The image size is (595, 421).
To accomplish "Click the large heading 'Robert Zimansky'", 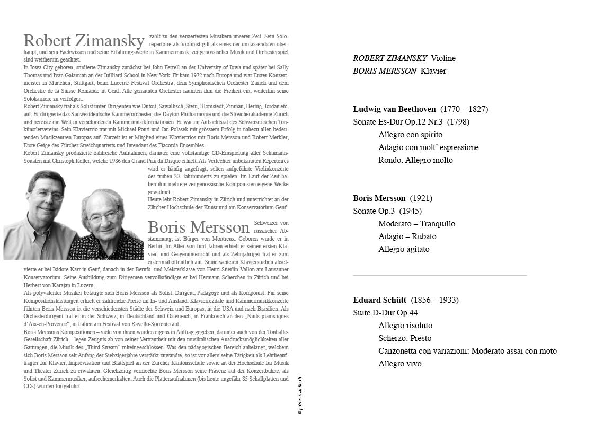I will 84,41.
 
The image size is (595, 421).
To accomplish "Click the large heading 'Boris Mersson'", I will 199,227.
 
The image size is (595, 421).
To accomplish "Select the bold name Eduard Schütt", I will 379,300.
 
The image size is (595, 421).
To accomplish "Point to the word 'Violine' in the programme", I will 443,58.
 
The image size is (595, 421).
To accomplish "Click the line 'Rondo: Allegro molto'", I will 415,160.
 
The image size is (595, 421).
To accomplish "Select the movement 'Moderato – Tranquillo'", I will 416,224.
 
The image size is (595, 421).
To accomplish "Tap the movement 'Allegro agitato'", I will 404,249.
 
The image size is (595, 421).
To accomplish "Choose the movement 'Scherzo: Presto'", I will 405,338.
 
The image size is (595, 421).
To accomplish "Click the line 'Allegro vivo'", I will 400,364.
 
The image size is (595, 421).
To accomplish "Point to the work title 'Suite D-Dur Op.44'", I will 385,313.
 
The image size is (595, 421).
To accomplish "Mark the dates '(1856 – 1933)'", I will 434,300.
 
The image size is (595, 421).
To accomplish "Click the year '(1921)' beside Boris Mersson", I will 421,198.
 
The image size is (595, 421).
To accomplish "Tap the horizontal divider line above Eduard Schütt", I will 440,275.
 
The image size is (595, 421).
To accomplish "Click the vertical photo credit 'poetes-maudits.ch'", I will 299,396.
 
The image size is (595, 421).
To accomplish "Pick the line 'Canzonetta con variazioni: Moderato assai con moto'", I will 467,351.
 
